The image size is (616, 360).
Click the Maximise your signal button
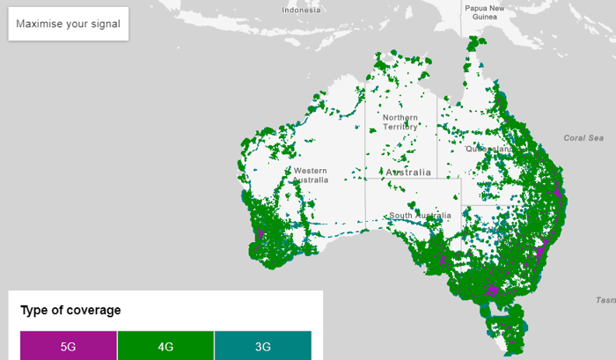point(69,24)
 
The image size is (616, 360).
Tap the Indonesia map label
point(302,11)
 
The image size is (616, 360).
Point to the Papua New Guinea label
point(485,12)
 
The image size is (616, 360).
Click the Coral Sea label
point(584,138)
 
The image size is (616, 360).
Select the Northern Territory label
point(400,122)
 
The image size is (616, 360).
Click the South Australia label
point(421,216)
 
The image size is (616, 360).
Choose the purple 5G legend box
point(69,346)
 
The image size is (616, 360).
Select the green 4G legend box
point(165,346)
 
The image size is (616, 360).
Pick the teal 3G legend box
point(262,346)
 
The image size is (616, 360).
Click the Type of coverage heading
point(70,310)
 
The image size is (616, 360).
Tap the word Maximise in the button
point(40,24)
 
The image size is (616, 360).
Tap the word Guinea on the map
point(485,18)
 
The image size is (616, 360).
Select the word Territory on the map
point(400,128)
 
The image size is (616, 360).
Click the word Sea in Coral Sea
point(597,138)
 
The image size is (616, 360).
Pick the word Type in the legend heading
point(33,310)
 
